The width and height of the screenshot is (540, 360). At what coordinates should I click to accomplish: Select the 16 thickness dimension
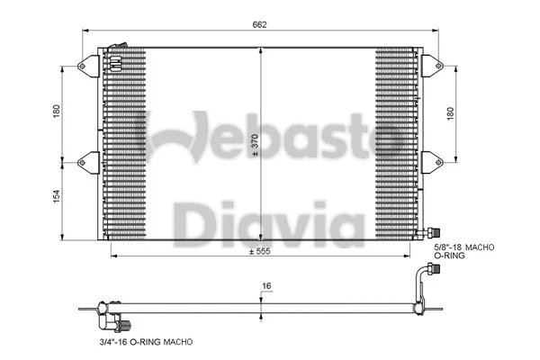coord(266,287)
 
